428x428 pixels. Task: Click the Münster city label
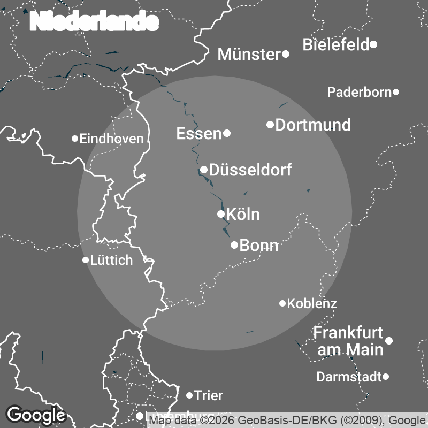[x=249, y=54]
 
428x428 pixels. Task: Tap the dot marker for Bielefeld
[x=373, y=44]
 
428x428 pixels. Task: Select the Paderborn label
[x=360, y=93]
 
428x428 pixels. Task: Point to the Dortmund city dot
[x=270, y=125]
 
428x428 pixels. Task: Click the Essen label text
[x=199, y=134]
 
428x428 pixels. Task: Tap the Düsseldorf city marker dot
[x=204, y=170]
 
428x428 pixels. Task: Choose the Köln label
[x=243, y=215]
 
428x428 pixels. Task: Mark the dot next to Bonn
[x=234, y=245]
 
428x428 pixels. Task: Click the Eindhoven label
[x=111, y=139]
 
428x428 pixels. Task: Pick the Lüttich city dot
[x=86, y=260]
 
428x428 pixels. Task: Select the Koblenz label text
[x=312, y=304]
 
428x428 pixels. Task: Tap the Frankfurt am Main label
[x=348, y=341]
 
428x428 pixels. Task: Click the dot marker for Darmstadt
[x=386, y=377]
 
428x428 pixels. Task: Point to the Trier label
[x=208, y=396]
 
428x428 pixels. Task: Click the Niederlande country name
[x=95, y=22]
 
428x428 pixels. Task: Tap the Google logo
[x=35, y=415]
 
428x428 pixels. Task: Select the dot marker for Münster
[x=286, y=54]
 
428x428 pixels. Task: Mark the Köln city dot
[x=220, y=214]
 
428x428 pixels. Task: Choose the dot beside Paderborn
[x=396, y=92]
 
